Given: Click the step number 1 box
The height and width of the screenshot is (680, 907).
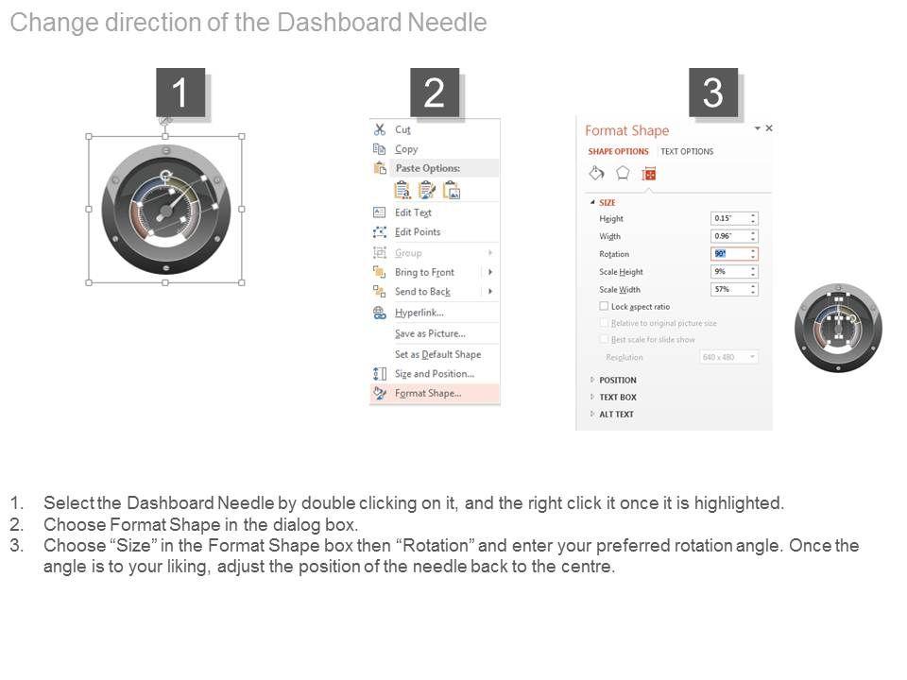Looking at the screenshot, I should pyautogui.click(x=180, y=93).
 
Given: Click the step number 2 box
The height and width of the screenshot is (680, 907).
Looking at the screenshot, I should pyautogui.click(x=435, y=93).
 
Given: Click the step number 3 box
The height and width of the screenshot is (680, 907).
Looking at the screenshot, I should pyautogui.click(x=713, y=93).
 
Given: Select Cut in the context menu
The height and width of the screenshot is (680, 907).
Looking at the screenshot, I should pyautogui.click(x=402, y=130).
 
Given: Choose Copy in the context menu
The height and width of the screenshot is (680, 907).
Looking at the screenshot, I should pyautogui.click(x=406, y=149).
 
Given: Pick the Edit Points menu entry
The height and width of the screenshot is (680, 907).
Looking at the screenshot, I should pyautogui.click(x=418, y=232).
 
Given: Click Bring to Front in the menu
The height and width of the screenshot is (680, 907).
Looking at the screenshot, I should pyautogui.click(x=424, y=272).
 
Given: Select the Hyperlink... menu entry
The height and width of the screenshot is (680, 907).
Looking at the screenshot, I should pyautogui.click(x=419, y=313).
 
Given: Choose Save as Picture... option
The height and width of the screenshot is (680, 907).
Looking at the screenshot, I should pyautogui.click(x=430, y=333).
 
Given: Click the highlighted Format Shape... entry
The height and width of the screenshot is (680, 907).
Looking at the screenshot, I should pyautogui.click(x=428, y=394).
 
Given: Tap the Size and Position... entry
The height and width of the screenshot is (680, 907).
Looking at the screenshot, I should pyautogui.click(x=434, y=374).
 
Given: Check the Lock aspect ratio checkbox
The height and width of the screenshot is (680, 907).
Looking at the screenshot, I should pyautogui.click(x=605, y=307).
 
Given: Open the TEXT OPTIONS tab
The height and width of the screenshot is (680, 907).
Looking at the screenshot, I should pyautogui.click(x=687, y=151).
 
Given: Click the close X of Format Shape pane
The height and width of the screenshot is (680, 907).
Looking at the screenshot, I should pyautogui.click(x=769, y=128).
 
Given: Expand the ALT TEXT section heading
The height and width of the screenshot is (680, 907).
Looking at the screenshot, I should pyautogui.click(x=616, y=415).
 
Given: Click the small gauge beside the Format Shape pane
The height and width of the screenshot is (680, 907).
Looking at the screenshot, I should pyautogui.click(x=838, y=328).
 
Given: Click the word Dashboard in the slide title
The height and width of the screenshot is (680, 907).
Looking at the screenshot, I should pyautogui.click(x=339, y=24).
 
